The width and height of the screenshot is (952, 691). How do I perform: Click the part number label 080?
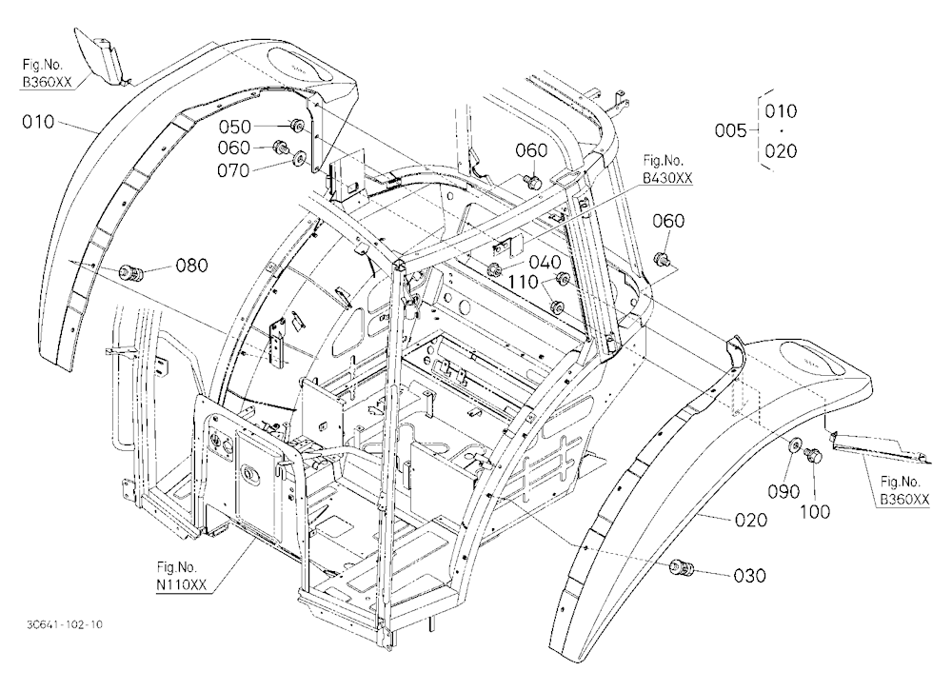pyautogui.click(x=192, y=266)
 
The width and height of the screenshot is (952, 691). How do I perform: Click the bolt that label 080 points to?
pyautogui.click(x=130, y=272)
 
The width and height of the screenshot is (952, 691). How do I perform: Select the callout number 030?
pyautogui.click(x=750, y=575)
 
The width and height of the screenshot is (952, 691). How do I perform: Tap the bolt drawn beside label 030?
pyautogui.click(x=680, y=568)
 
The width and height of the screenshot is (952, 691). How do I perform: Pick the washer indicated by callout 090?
pyautogui.click(x=794, y=446)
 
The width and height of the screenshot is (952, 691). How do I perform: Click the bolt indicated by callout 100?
pyautogui.click(x=812, y=455)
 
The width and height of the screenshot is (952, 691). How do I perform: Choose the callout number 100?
pyautogui.click(x=814, y=512)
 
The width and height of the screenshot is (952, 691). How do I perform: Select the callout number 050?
pyautogui.click(x=235, y=127)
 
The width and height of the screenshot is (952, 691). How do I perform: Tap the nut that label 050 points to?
pyautogui.click(x=298, y=125)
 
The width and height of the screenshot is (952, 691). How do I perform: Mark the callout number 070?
pyautogui.click(x=234, y=170)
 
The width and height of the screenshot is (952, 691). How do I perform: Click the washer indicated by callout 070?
pyautogui.click(x=299, y=160)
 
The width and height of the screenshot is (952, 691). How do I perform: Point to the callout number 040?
pyautogui.click(x=545, y=263)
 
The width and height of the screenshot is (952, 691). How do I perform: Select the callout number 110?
pyautogui.click(x=524, y=282)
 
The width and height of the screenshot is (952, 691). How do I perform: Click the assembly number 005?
pyautogui.click(x=730, y=130)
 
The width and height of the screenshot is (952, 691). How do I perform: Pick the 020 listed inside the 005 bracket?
pyautogui.click(x=781, y=150)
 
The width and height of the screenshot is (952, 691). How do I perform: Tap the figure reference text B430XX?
pyautogui.click(x=667, y=178)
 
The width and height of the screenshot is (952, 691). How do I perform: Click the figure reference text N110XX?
pyautogui.click(x=182, y=584)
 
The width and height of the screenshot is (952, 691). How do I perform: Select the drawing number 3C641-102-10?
pyautogui.click(x=65, y=624)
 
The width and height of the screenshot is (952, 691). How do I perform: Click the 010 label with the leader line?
pyautogui.click(x=38, y=122)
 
